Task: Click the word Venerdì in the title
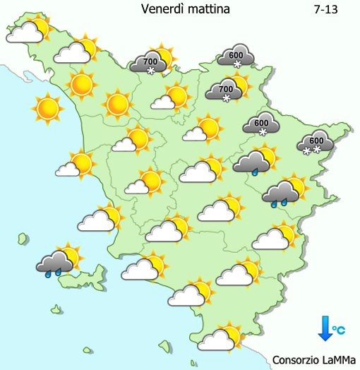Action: [162, 9]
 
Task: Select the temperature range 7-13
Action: [324, 9]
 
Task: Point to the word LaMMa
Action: [342, 359]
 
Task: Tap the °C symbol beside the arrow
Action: [340, 330]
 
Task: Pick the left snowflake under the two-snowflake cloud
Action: [307, 150]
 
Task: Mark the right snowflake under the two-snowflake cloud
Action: [317, 150]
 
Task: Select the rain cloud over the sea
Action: [55, 263]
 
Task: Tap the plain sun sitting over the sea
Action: [48, 108]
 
